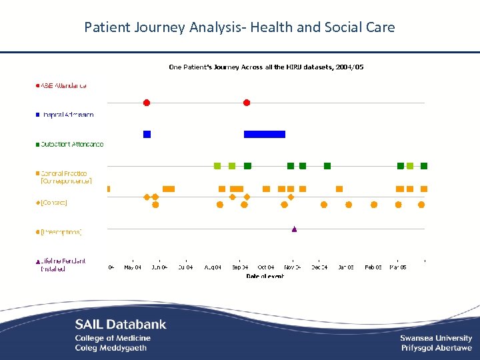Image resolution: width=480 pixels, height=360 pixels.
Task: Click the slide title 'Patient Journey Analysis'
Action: (239, 27)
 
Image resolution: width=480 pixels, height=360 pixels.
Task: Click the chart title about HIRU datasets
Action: (266, 67)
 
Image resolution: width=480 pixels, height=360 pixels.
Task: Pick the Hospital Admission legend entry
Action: (66, 115)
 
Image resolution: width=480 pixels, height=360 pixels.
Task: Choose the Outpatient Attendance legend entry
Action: (71, 144)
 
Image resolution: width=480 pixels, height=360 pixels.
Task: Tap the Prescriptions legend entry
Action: (61, 232)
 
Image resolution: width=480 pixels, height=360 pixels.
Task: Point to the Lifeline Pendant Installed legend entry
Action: (61, 265)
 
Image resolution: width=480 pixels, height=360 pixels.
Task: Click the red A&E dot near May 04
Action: (147, 103)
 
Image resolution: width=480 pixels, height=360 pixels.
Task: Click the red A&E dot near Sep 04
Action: (247, 103)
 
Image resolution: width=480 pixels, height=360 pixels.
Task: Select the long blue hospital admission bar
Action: (265, 134)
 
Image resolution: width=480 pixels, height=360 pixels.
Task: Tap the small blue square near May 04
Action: (147, 134)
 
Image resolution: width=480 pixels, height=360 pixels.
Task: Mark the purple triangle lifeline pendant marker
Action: (294, 229)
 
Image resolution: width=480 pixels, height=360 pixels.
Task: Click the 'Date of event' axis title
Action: (265, 276)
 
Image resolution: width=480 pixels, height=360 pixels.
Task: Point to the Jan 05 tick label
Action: (346, 267)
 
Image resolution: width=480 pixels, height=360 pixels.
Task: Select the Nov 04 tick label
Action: (293, 267)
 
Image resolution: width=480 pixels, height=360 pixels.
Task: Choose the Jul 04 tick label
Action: (186, 267)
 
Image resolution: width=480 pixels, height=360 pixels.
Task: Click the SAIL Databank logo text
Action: (121, 325)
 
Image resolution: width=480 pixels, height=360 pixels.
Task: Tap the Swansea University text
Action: (436, 339)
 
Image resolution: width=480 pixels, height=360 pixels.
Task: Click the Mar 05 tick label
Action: (399, 267)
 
